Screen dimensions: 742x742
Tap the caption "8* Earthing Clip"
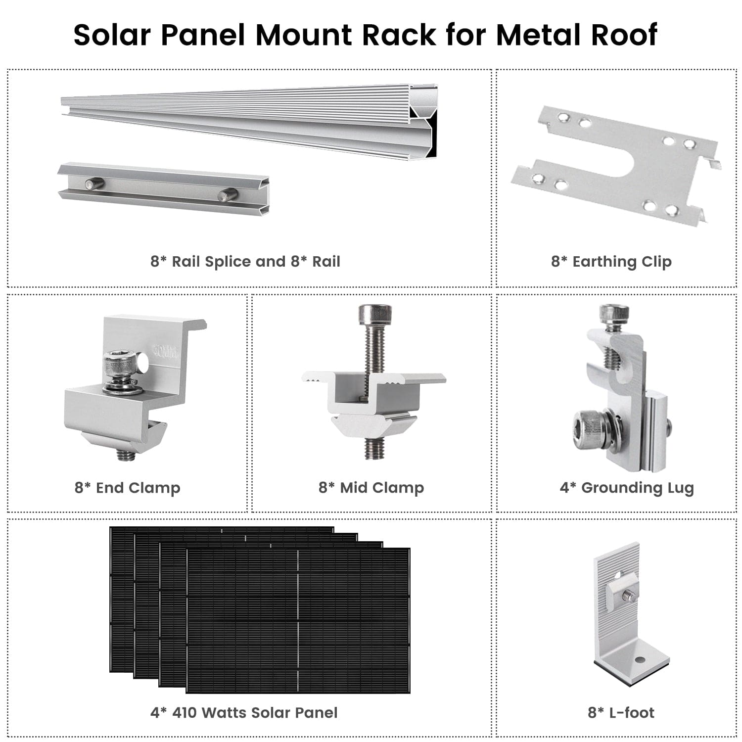click(611, 261)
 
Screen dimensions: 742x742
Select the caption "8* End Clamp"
click(127, 487)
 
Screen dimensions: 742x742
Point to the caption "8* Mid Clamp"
click(371, 487)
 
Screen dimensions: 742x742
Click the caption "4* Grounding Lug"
click(627, 487)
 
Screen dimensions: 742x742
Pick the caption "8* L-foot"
click(621, 712)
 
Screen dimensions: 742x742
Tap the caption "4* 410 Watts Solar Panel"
click(244, 712)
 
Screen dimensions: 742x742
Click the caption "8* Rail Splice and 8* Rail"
click(245, 261)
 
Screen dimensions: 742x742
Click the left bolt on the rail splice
click(94, 184)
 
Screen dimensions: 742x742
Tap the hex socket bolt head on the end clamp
click(120, 364)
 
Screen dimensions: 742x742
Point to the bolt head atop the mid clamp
click(375, 314)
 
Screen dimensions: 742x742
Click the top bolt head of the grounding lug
click(614, 313)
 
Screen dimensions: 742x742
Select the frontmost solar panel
click(298, 621)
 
